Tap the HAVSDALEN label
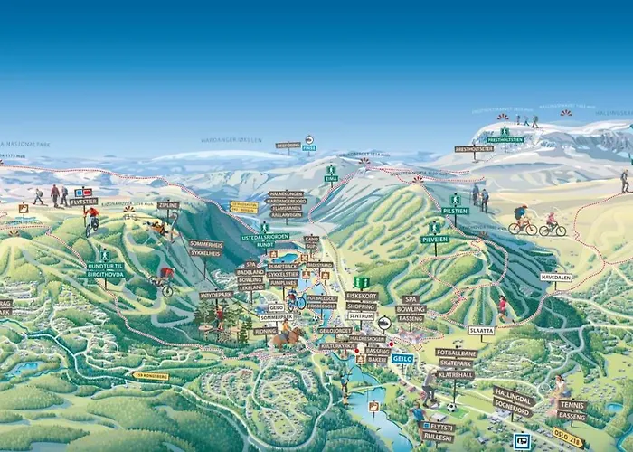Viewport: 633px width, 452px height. [x=557, y=278]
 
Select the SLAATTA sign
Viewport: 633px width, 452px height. [x=482, y=330]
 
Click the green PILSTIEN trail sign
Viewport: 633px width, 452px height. [x=456, y=211]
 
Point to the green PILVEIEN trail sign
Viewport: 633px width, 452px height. [x=435, y=240]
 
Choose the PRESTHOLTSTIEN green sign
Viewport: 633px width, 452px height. [x=505, y=140]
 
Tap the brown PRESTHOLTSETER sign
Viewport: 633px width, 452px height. [x=474, y=149]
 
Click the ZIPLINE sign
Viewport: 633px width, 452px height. [x=168, y=205]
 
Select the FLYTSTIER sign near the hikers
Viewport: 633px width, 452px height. [x=83, y=202]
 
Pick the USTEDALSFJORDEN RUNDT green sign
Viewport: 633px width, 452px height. [x=264, y=239]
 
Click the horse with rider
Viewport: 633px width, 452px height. [x=287, y=335]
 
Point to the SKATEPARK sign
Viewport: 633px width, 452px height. [x=455, y=363]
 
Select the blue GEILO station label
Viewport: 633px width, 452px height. [x=402, y=358]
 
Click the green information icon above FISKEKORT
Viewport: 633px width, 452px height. [x=362, y=282]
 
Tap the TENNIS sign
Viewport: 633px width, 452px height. [x=572, y=405]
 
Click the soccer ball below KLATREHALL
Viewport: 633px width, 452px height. [x=450, y=406]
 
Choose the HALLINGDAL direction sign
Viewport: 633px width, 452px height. [x=514, y=395]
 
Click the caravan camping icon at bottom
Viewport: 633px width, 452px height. [x=522, y=441]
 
